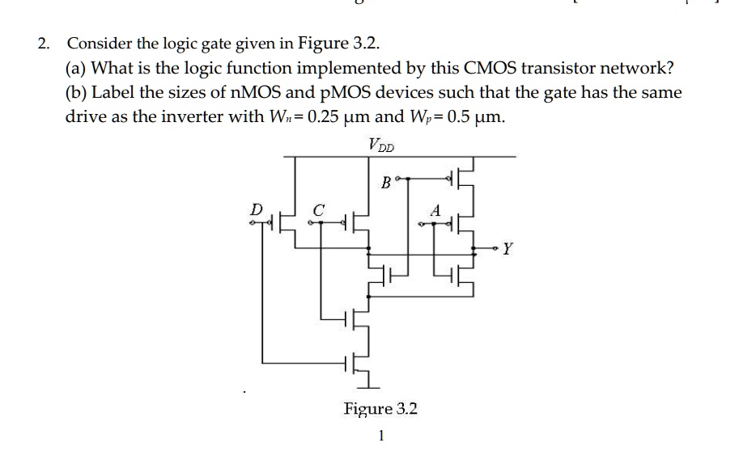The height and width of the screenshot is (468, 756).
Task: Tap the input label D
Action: [x=257, y=209]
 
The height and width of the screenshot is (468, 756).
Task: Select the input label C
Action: [x=319, y=209]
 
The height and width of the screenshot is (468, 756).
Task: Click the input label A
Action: [x=435, y=209]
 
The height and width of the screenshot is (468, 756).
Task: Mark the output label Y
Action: [x=507, y=248]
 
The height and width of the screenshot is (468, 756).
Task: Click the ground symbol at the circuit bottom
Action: [x=368, y=382]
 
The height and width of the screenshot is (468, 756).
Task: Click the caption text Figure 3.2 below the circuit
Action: [x=380, y=409]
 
